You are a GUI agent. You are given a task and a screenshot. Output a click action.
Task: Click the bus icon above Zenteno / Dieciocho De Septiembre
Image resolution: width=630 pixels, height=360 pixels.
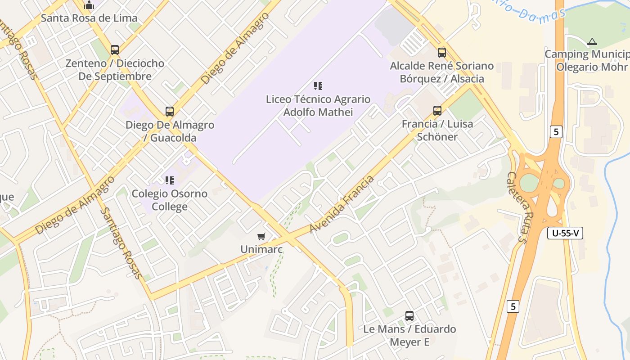[115, 49]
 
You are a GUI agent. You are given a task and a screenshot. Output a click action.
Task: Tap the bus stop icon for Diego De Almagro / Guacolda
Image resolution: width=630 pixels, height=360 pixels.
[169, 111]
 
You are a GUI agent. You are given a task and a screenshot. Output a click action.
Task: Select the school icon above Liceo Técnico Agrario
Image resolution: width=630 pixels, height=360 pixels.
[318, 85]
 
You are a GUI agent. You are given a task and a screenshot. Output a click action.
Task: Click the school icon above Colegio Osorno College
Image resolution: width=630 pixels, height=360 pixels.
[169, 180]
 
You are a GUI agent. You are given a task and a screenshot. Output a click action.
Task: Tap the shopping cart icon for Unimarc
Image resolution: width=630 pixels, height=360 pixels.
[261, 236]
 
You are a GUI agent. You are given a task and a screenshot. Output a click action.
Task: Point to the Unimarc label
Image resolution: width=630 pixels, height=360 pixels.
[261, 249]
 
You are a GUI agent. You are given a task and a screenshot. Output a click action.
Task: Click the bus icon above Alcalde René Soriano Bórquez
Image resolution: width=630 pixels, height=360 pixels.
[441, 52]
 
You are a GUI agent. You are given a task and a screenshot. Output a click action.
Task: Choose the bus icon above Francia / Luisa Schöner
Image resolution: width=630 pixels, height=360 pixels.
[437, 110]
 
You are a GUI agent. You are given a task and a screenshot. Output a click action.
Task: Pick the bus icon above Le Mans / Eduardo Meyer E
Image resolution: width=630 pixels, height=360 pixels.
[409, 315]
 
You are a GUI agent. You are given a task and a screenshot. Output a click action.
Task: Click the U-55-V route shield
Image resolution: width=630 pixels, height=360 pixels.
[565, 233]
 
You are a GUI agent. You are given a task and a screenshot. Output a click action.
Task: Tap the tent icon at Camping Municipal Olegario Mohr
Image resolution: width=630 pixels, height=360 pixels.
[592, 42]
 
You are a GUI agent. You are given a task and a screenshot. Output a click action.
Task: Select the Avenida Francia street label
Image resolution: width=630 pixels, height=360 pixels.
[342, 205]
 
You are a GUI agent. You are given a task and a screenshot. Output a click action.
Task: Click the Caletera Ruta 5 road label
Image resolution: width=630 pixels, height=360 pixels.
[517, 207]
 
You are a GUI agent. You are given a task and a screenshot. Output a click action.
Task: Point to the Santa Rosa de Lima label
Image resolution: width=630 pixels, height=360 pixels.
[89, 18]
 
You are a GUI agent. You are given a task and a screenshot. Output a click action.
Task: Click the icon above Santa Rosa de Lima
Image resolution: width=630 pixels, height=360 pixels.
[89, 5]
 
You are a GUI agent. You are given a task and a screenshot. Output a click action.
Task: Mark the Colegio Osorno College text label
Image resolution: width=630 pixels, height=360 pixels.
[169, 200]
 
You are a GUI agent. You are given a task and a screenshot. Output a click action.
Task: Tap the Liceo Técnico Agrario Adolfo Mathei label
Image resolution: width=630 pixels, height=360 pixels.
[318, 105]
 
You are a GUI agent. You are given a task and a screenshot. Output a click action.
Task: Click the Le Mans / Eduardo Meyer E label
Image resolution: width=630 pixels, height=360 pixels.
[409, 335]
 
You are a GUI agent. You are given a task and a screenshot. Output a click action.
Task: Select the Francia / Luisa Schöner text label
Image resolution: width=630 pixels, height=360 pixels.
[437, 130]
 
